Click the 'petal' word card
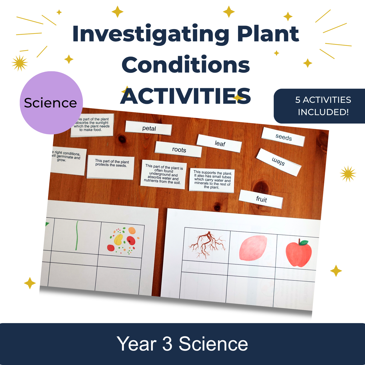pos(149,128)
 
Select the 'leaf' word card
pos(219,143)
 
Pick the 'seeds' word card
pos(283,137)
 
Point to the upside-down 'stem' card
pos(279,162)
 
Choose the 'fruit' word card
pos(261,199)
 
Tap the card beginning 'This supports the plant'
pos(212,180)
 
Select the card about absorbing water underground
pos(163,174)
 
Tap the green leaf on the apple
pos(304,242)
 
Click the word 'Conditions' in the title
pos(186,65)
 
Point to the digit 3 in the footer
pos(167,344)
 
